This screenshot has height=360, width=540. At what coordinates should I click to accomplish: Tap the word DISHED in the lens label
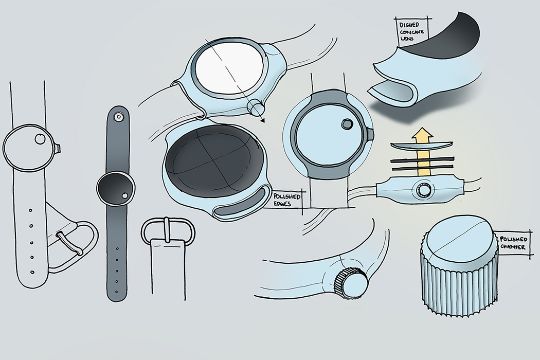409,25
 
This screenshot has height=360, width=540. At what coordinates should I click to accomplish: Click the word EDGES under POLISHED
282,204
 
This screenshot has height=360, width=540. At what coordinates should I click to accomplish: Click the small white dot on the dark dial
124,196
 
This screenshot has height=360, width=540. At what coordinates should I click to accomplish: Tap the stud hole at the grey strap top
118,117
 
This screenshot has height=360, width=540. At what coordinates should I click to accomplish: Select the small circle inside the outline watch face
40,139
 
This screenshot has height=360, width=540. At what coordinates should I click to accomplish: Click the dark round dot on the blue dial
347,123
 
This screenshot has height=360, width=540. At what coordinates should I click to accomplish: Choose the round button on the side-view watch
423,190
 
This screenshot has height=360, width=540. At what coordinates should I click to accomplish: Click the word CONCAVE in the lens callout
412,33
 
